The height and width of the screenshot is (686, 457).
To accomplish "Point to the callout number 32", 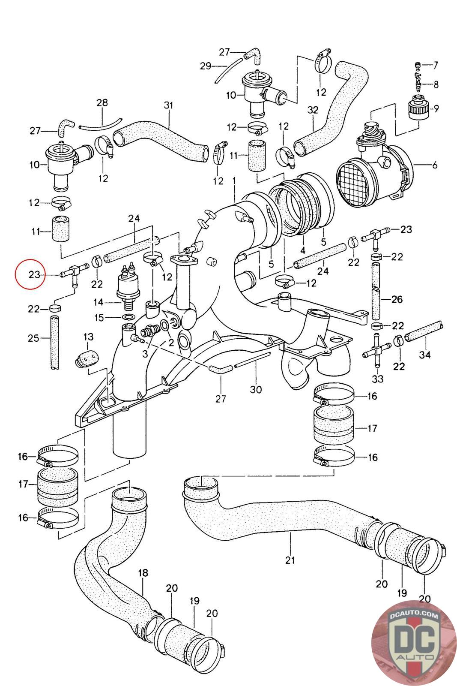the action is click(x=313, y=110).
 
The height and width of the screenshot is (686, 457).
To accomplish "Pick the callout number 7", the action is click(x=436, y=65).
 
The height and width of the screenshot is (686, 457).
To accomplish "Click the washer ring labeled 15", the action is click(x=127, y=316).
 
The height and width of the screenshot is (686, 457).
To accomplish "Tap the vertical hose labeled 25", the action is click(x=54, y=343).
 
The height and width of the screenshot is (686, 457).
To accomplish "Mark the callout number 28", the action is click(x=102, y=102).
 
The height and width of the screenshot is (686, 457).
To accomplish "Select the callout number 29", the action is click(x=206, y=66).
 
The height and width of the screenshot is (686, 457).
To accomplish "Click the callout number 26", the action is click(x=397, y=299).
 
